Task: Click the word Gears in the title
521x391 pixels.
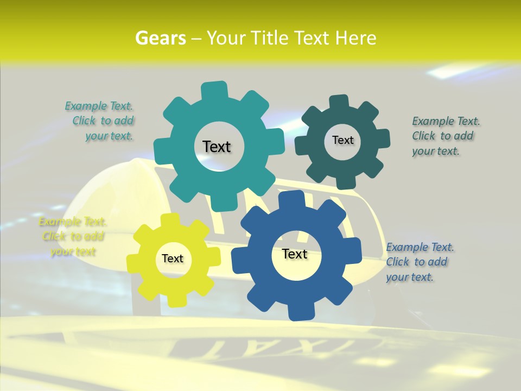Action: [x=160, y=38]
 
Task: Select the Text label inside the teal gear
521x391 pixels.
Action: [x=217, y=147]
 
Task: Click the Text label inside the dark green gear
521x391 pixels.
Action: [x=342, y=140]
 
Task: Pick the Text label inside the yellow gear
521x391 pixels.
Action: [x=173, y=258]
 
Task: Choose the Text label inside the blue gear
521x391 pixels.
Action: [x=295, y=254]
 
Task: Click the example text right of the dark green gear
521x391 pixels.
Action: [x=445, y=136]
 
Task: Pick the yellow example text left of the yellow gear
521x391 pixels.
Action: [x=72, y=237]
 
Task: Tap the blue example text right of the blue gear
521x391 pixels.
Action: [x=419, y=262]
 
